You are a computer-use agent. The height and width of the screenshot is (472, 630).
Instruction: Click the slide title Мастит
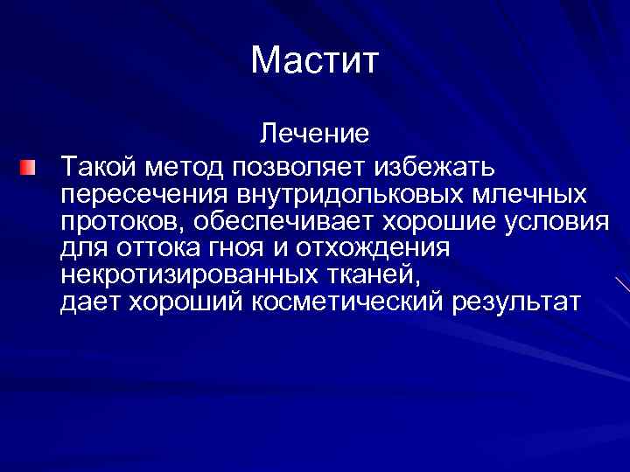tap(314, 61)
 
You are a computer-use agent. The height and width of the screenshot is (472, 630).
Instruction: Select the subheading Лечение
tap(313, 135)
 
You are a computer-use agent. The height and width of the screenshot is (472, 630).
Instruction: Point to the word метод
tap(178, 163)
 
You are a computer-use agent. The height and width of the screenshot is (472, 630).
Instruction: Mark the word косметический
tap(365, 302)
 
